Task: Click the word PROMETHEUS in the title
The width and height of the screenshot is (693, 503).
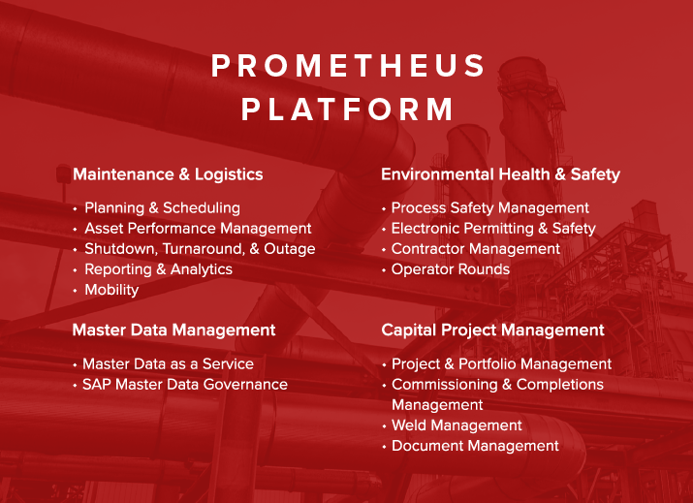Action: (x=348, y=66)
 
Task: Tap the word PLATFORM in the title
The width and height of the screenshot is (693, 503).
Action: (x=348, y=109)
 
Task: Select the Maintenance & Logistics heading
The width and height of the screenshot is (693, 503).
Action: (x=168, y=174)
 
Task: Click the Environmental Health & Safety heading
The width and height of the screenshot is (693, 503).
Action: (x=500, y=174)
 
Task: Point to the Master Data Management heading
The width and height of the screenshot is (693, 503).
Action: (x=173, y=330)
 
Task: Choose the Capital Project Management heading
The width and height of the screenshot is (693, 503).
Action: (x=492, y=330)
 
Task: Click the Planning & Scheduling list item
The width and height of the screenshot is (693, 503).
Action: (x=162, y=207)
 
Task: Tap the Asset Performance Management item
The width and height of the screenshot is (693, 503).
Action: (x=198, y=228)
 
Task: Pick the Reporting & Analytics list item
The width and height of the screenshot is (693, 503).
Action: (x=158, y=269)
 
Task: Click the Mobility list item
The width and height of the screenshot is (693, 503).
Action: (x=111, y=290)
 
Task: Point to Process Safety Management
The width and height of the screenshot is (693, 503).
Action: (x=489, y=207)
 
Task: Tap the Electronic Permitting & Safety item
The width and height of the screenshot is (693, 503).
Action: (x=493, y=229)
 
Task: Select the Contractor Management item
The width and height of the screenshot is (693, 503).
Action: (x=475, y=249)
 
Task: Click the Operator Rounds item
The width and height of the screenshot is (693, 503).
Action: (x=450, y=269)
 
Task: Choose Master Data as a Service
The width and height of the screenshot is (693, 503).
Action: (x=168, y=363)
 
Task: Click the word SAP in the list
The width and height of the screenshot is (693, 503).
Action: (x=96, y=384)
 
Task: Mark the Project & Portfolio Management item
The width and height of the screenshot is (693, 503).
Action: (x=501, y=363)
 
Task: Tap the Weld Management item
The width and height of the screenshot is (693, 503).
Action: (x=457, y=425)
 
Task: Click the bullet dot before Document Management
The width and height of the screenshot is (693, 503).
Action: (x=384, y=447)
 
